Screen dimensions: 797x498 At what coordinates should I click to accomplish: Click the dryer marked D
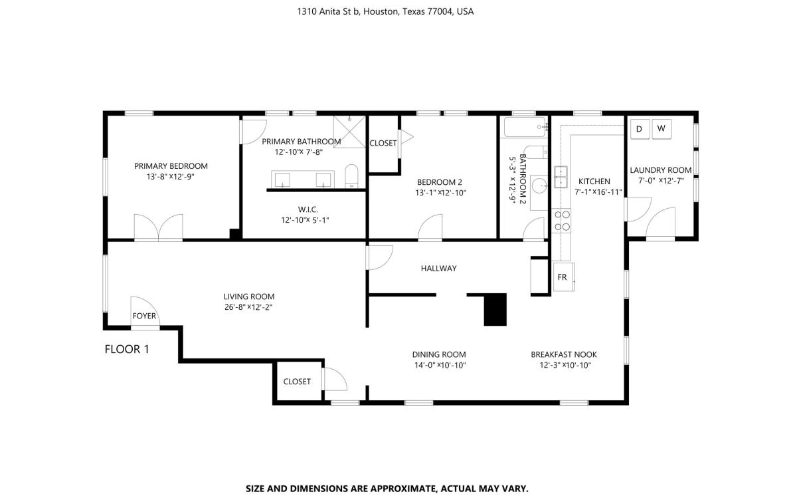pos(640,129)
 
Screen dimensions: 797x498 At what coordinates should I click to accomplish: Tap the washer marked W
pos(662,128)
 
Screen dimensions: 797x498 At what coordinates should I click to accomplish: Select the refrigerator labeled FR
pos(564,277)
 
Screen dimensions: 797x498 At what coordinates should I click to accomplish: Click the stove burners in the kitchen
pos(561,221)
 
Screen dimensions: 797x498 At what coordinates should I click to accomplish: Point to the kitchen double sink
pos(561,178)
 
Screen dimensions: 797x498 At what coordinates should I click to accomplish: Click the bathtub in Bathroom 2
pos(525,127)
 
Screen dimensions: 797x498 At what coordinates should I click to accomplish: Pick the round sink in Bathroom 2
pos(540,185)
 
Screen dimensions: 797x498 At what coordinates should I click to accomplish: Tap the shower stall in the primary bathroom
pos(349,132)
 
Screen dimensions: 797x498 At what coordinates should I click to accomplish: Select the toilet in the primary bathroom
pos(352,176)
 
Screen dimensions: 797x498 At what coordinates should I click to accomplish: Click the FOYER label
pos(144,316)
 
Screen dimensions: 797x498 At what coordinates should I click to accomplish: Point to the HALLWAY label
pos(439,269)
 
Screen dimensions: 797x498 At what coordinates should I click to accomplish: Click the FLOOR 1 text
pos(127,350)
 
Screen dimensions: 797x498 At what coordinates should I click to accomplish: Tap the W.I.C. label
pos(308,209)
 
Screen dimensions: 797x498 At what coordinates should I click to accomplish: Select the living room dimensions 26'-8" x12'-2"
pos(248,307)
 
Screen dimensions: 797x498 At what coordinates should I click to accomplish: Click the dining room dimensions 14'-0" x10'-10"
pos(440,365)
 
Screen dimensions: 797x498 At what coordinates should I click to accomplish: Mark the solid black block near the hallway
pos(495,310)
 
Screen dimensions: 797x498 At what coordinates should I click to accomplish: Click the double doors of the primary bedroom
pos(158,227)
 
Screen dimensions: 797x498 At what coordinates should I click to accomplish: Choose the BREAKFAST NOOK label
pos(564,355)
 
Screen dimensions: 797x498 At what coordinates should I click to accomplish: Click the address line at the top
pos(385,12)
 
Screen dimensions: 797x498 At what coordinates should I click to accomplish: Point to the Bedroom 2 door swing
pos(430,227)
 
